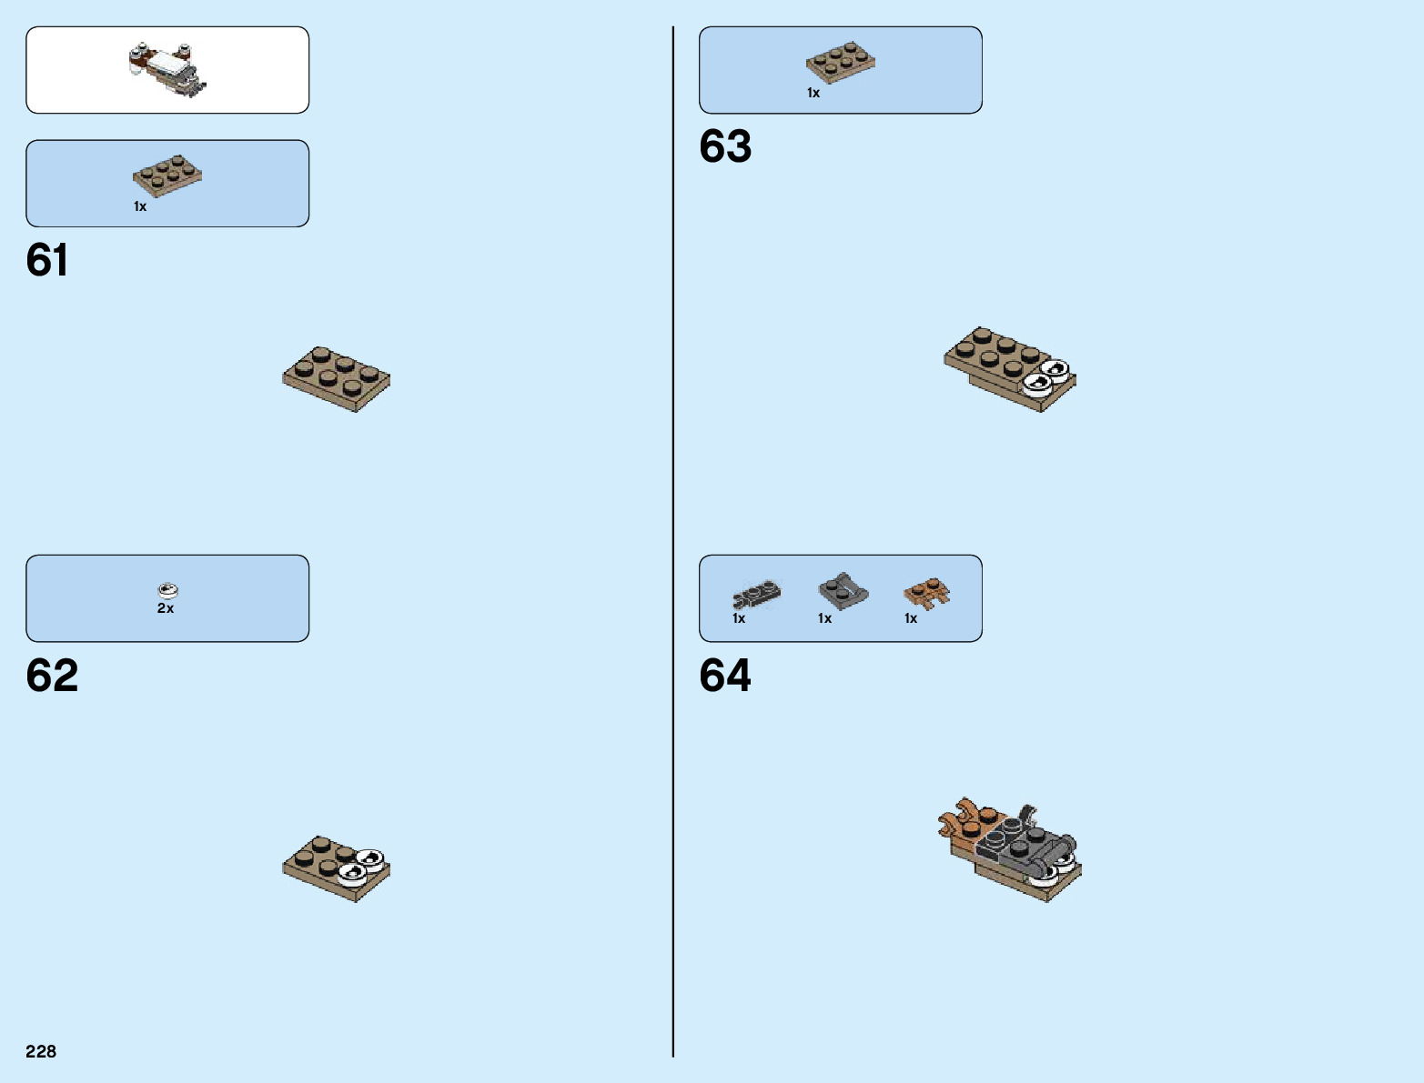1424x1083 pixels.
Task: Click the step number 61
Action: [x=47, y=260]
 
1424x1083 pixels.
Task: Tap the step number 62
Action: [x=52, y=676]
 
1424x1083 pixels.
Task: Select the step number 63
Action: [x=725, y=146]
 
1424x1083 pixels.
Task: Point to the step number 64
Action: [x=725, y=676]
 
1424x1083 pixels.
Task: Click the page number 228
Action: [x=41, y=1051]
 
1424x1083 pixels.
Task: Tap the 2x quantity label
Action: [x=166, y=608]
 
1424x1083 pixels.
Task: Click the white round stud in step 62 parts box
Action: [x=167, y=590]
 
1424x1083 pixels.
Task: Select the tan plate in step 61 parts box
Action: [x=167, y=175]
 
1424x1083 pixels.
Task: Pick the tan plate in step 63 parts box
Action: [x=840, y=62]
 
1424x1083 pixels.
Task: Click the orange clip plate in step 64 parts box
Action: [x=926, y=594]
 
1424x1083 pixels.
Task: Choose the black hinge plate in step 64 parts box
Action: [x=756, y=595]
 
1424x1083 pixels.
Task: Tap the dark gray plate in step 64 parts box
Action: [x=843, y=591]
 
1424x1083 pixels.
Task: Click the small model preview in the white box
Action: [x=167, y=69]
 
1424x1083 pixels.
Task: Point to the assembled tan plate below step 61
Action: [x=336, y=378]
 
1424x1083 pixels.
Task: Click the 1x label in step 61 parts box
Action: [x=140, y=206]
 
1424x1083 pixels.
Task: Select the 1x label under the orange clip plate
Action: [x=911, y=618]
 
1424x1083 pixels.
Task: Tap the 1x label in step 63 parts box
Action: [x=813, y=93]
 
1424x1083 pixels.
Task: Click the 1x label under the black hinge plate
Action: [x=739, y=618]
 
